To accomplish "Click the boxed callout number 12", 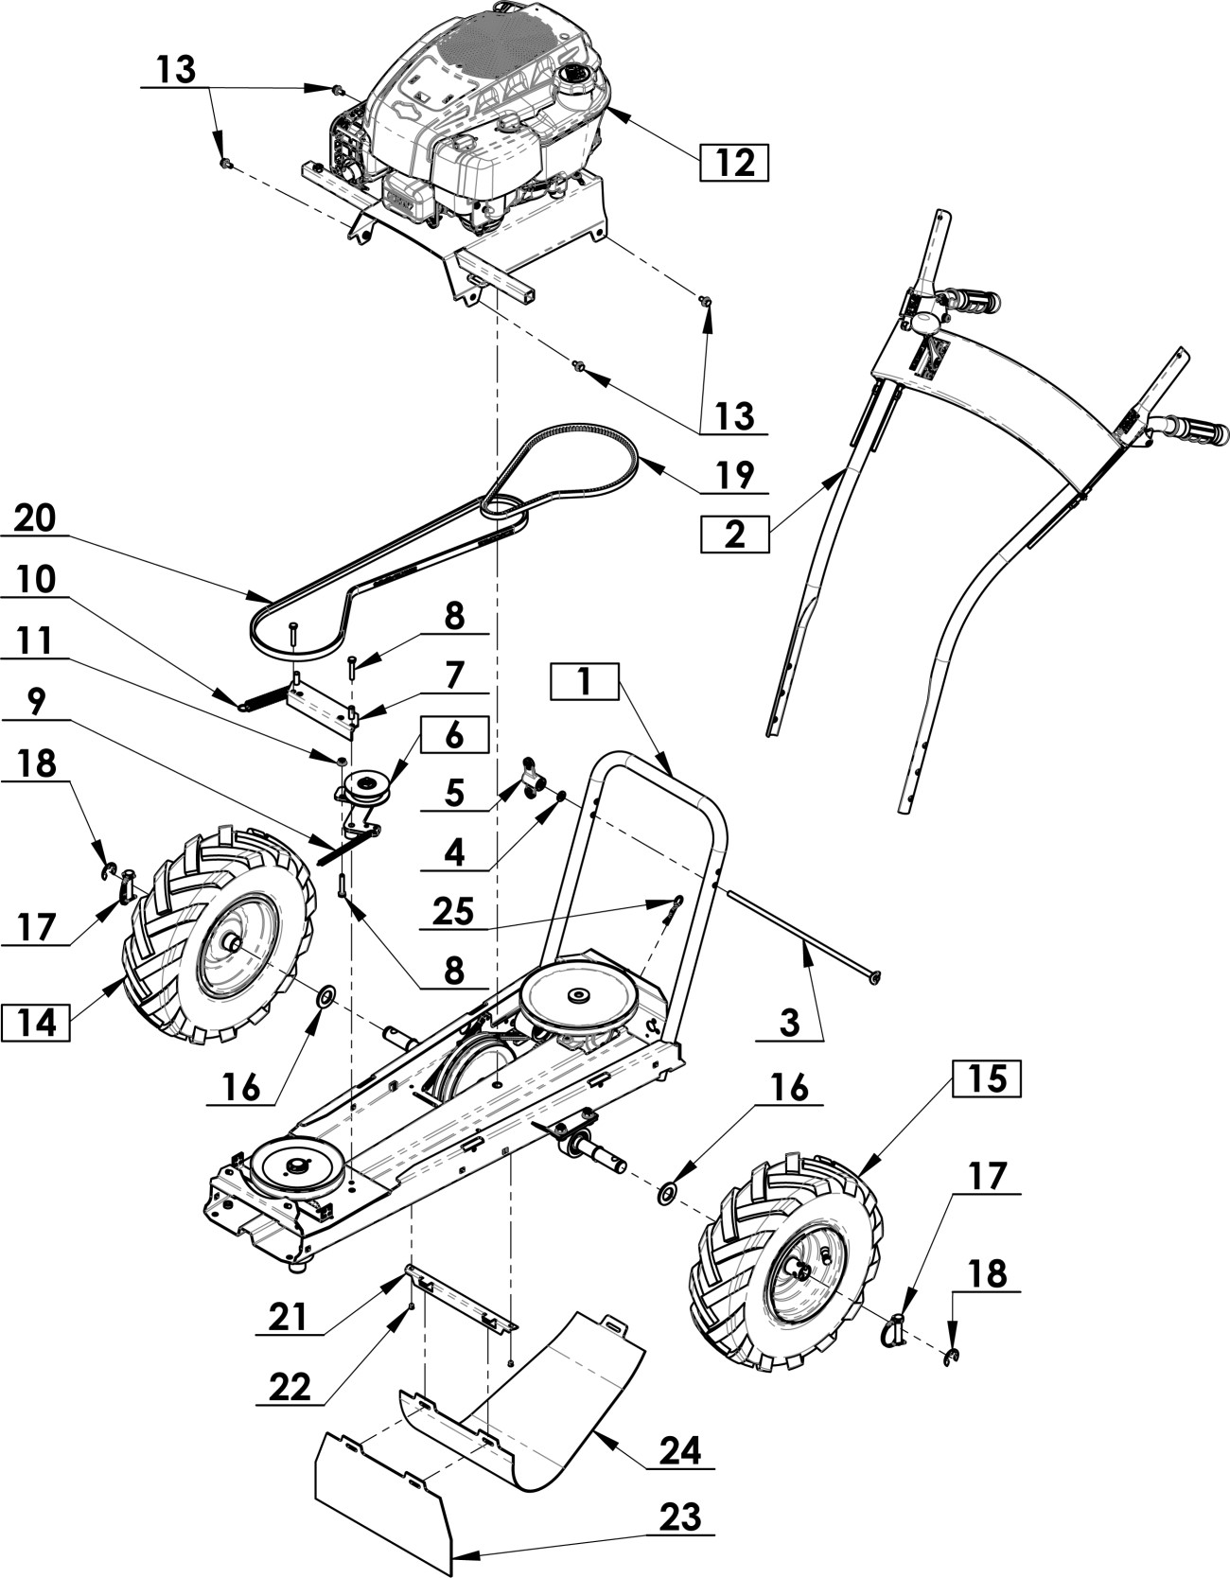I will tap(734, 162).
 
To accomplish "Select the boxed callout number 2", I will tap(734, 535).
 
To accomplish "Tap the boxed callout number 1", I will tap(585, 681).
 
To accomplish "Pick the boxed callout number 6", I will tap(454, 735).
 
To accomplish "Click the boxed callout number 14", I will tap(35, 1024).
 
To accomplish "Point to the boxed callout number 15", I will tap(985, 1078).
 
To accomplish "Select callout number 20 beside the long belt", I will tap(36, 518).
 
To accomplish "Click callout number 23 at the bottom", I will tap(679, 1517).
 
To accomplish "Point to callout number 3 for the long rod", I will tap(789, 1022).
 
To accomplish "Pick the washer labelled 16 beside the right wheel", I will tap(666, 1192).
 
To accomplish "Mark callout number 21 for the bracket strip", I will tap(290, 1316).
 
